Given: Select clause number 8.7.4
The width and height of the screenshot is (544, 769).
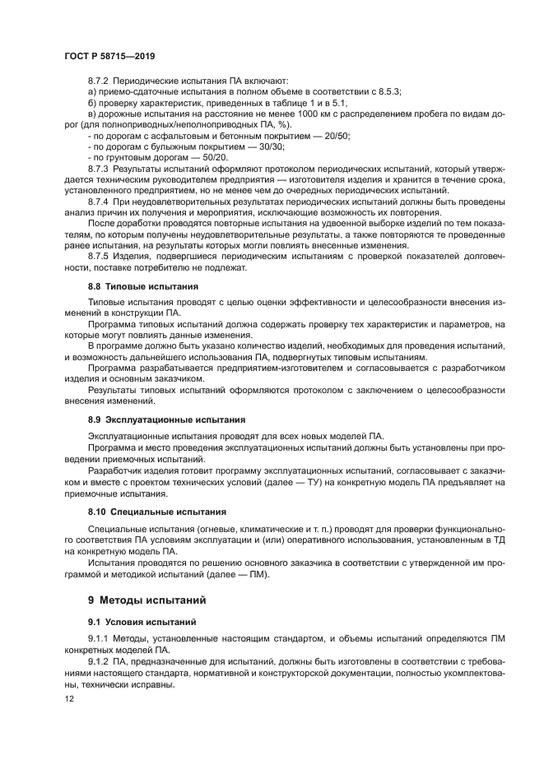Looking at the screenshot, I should pyautogui.click(x=98, y=201).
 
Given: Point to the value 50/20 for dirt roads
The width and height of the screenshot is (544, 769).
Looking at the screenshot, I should pyautogui.click(x=215, y=156).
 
